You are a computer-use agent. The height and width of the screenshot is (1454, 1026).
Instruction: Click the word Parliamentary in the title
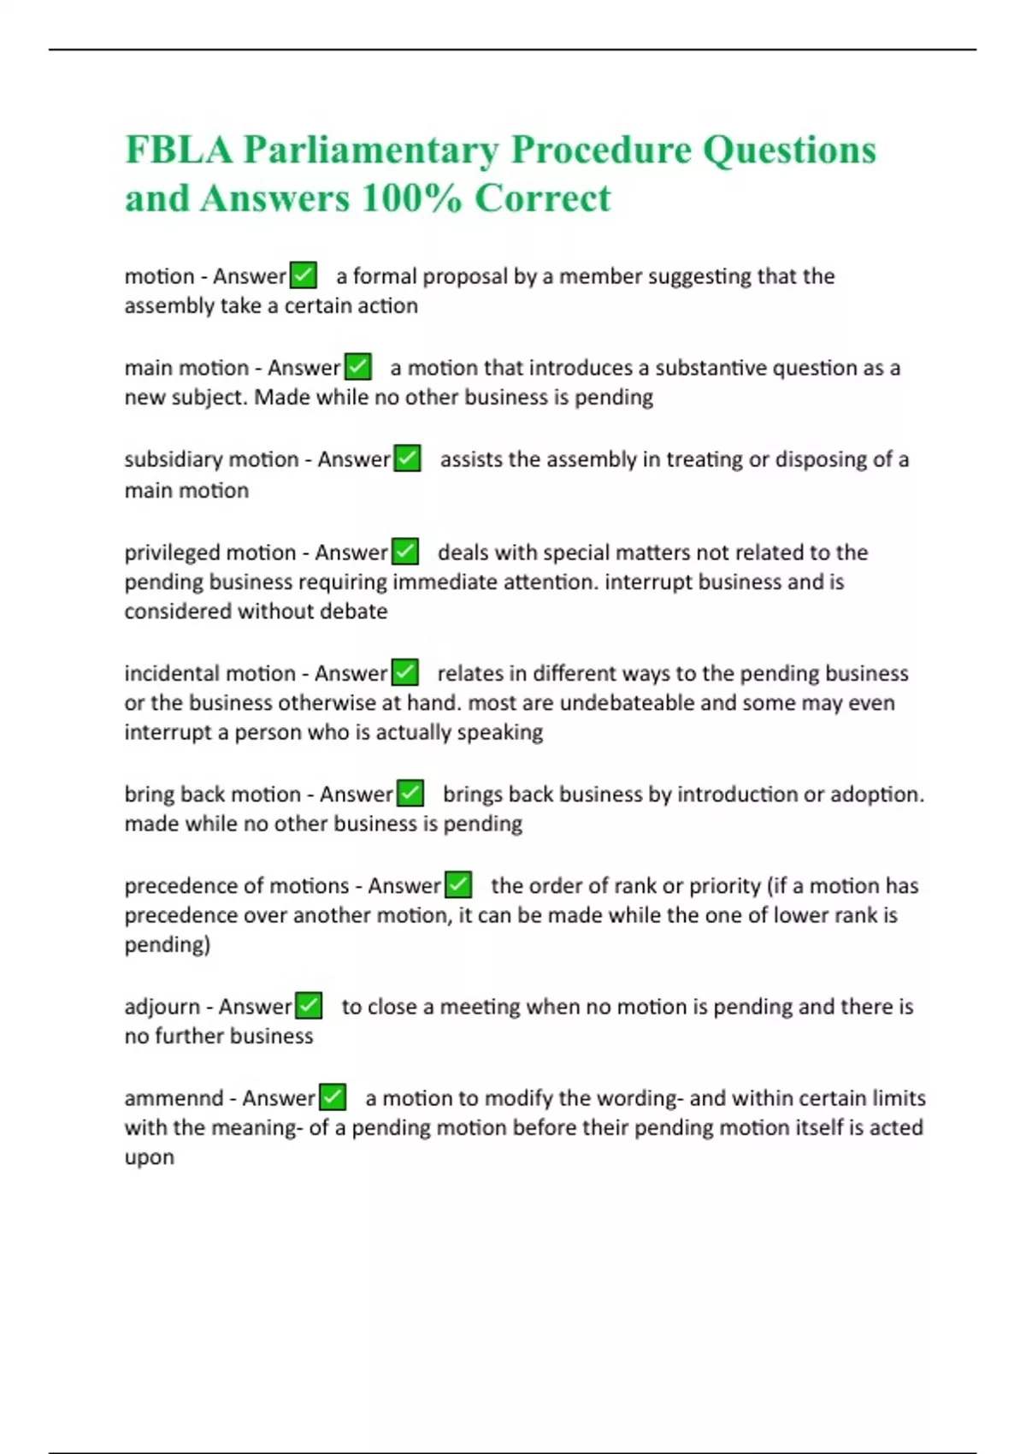point(370,151)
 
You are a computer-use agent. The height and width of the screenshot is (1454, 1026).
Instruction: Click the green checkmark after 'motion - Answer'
point(304,275)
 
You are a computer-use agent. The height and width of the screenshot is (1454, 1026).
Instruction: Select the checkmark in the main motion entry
point(358,367)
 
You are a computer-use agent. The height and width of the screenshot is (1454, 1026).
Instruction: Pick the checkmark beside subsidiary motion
point(407,459)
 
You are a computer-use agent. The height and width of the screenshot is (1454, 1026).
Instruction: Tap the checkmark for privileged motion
point(404,553)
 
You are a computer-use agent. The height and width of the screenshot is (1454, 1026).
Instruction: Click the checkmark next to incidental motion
point(404,673)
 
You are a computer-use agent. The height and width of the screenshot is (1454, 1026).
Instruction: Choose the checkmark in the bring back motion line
point(410,794)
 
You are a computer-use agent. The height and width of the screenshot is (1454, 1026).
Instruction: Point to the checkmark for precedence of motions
point(459,885)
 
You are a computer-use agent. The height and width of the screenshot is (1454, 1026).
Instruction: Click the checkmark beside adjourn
point(309,1006)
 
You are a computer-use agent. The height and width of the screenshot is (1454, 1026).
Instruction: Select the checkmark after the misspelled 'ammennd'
point(333,1097)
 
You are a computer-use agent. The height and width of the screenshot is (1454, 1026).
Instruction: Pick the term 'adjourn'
point(162,1007)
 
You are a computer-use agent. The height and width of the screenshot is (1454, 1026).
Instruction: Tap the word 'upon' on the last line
point(150,1158)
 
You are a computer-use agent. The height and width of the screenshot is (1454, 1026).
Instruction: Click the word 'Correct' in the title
point(543,198)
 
